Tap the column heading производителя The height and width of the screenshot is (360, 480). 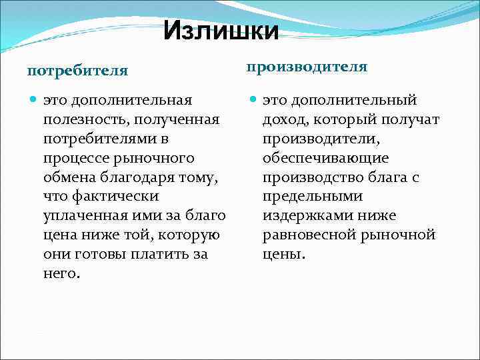tap(307, 67)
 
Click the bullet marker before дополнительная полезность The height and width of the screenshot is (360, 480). tap(34, 101)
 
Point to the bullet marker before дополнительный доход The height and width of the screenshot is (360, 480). tap(253, 101)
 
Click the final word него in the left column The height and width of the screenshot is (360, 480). tap(61, 273)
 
